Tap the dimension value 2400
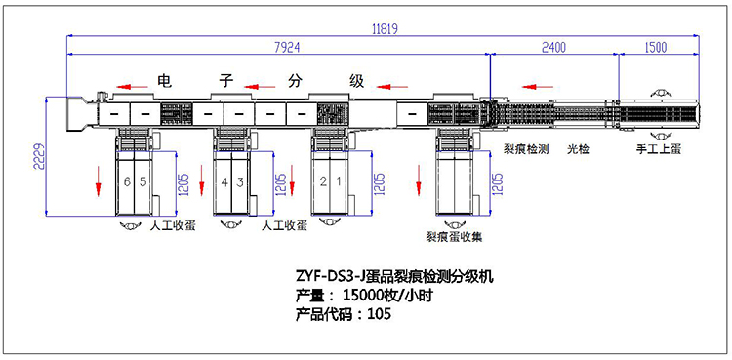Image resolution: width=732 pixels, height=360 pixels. point(552,46)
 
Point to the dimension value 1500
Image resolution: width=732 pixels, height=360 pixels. point(656,46)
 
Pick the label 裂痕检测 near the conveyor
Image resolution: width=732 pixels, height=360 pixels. point(525,150)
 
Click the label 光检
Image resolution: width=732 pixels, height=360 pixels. point(580,150)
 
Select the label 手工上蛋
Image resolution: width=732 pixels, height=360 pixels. point(659,150)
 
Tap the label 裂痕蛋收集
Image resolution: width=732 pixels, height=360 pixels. point(456,235)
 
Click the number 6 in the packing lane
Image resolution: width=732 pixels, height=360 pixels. point(127,182)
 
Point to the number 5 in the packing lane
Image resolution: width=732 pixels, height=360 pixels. point(142,182)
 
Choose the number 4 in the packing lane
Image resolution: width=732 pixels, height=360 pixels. point(224,182)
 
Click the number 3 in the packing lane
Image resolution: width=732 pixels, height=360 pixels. point(239,182)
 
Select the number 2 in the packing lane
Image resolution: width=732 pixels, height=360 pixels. point(323,182)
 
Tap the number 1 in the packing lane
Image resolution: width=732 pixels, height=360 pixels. point(338,182)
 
